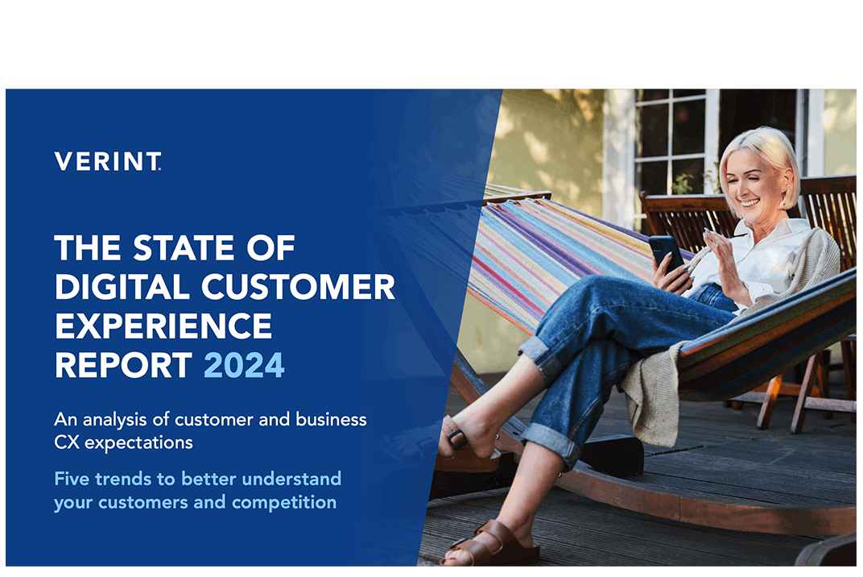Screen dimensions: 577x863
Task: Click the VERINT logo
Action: tap(108, 161)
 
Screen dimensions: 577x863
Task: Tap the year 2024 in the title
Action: tap(244, 365)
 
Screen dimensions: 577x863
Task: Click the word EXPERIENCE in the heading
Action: tap(163, 326)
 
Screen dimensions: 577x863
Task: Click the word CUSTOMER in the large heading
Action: tap(291, 288)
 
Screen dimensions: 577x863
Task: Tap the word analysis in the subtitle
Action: tap(110, 420)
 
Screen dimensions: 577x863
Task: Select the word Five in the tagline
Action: tap(70, 479)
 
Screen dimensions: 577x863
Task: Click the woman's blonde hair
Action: tap(765, 149)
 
